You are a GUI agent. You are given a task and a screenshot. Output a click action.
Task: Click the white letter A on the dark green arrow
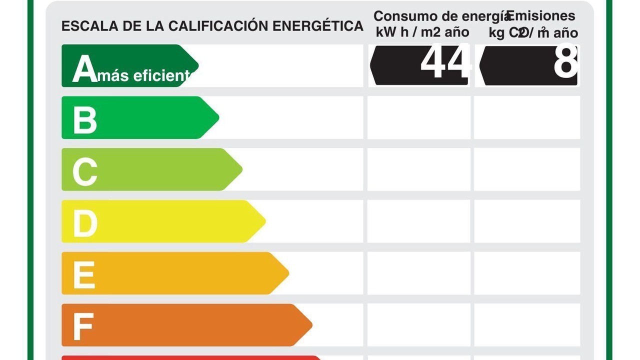(x=84, y=68)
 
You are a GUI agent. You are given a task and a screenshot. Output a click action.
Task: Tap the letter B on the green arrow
(x=84, y=120)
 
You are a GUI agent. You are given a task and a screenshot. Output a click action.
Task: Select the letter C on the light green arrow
(x=84, y=172)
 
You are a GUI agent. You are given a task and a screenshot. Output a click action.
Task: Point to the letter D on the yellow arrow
(x=85, y=223)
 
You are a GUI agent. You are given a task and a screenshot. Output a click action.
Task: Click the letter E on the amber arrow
(x=83, y=275)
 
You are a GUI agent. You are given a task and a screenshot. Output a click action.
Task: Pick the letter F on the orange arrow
(x=83, y=327)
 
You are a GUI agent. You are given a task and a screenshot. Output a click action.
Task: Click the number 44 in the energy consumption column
(x=445, y=63)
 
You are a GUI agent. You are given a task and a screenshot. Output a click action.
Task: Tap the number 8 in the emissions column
(x=565, y=63)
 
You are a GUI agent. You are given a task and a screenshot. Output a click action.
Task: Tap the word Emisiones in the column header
(x=541, y=16)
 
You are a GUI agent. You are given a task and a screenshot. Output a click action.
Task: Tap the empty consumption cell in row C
(x=419, y=169)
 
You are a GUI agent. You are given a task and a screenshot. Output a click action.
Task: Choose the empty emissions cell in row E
(x=527, y=273)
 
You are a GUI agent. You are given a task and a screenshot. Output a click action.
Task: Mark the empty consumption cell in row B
(x=419, y=117)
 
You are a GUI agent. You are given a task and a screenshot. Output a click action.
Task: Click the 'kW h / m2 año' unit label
(x=422, y=32)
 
